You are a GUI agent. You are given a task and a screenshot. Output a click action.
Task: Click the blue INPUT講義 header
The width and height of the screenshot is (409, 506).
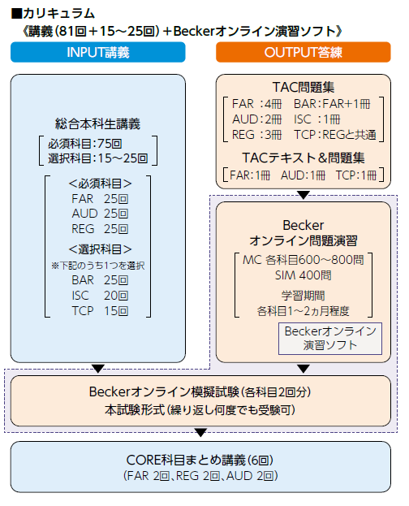pos(97,53)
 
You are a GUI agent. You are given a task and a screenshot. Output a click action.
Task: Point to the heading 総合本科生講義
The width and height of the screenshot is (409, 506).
pos(98,124)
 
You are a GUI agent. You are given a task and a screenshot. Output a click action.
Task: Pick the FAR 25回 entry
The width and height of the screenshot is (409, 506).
pos(98,197)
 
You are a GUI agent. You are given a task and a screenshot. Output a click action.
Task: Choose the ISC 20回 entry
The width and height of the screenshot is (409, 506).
pos(98,296)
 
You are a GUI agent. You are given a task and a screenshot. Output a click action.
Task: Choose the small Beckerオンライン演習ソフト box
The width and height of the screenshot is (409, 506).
pos(329,338)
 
